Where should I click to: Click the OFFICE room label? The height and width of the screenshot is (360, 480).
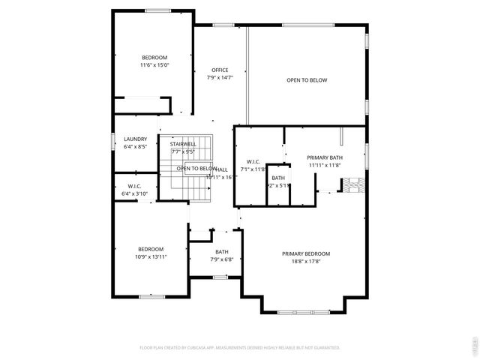(220, 70)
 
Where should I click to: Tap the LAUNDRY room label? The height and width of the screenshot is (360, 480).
(136, 139)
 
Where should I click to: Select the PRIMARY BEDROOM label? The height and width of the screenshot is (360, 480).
(306, 253)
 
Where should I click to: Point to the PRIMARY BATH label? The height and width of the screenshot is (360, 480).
(324, 157)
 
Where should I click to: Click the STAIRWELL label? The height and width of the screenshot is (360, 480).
(183, 144)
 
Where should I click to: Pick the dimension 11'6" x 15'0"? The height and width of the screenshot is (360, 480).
(154, 65)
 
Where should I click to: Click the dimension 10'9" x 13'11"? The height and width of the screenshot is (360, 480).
(151, 256)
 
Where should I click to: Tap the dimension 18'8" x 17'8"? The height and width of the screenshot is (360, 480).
(306, 262)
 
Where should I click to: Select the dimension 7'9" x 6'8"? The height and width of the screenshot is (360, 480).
(222, 259)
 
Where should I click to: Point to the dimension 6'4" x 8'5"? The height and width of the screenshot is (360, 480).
(136, 146)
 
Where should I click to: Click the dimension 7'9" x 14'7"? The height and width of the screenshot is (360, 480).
(220, 78)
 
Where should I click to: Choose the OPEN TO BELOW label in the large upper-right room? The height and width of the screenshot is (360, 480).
(307, 79)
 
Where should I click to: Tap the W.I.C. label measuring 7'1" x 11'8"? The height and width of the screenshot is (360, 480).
(253, 161)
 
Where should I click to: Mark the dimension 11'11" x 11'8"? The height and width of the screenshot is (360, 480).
(324, 165)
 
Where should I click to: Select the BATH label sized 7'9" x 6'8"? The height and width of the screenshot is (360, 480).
(222, 252)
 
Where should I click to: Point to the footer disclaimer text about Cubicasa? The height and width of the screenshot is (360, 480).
(240, 348)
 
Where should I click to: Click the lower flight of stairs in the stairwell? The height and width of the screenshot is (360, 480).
(197, 192)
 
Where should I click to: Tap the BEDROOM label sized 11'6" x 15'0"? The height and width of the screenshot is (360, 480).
(154, 58)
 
